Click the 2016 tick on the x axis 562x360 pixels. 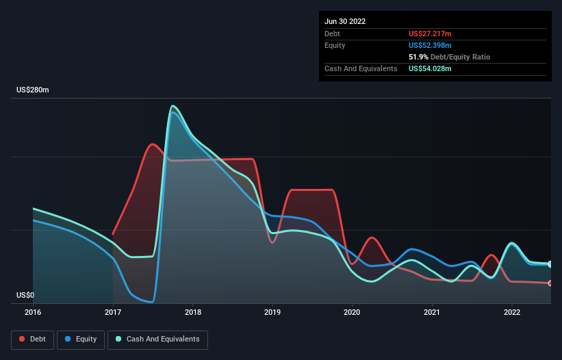coord(33,312)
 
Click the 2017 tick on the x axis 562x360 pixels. coord(113,312)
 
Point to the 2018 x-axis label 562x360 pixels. coord(193,312)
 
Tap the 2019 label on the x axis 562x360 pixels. coord(272,312)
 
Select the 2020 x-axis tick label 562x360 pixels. coord(353,312)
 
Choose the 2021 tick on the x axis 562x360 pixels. coord(432,312)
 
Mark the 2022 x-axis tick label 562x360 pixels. coord(512,312)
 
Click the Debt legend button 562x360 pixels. coord(32,339)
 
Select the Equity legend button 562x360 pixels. coord(81,339)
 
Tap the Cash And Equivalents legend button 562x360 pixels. coord(157,339)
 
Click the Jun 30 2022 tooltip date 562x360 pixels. coord(345,21)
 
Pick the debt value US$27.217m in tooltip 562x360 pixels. coord(430,34)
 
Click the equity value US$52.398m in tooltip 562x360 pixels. coord(430,45)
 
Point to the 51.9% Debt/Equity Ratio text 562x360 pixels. coord(449,57)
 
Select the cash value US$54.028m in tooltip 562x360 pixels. coord(430,68)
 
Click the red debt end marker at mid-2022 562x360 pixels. coord(550,283)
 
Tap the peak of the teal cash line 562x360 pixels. coord(173,106)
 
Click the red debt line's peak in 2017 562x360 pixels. coord(152,144)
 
